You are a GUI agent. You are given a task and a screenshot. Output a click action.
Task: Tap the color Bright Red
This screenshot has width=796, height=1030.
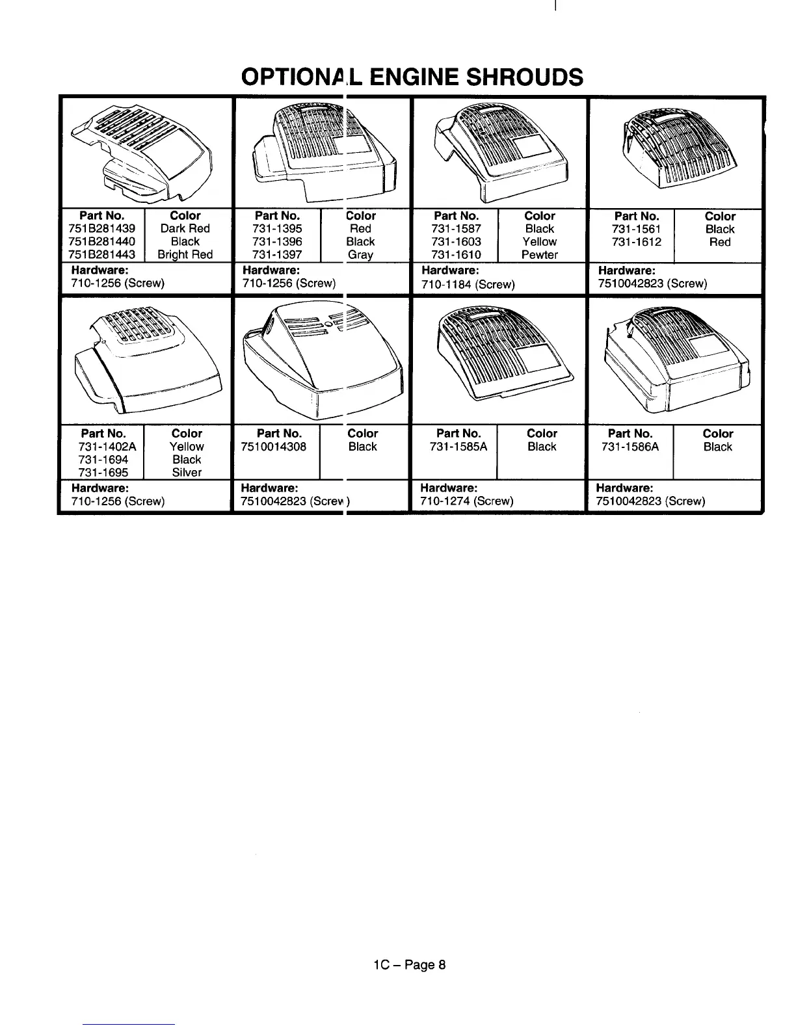(185, 255)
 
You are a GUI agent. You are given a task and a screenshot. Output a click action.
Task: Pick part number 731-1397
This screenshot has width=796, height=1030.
(277, 255)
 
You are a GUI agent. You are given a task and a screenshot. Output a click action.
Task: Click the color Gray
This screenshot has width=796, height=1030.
(360, 255)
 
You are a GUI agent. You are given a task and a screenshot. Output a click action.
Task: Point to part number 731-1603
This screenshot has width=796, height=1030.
(457, 242)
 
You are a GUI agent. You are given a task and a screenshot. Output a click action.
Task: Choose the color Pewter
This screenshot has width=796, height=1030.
(540, 255)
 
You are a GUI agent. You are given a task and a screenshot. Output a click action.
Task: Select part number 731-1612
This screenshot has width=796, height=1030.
(637, 242)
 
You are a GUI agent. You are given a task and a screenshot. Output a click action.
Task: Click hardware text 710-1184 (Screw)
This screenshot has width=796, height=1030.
(468, 284)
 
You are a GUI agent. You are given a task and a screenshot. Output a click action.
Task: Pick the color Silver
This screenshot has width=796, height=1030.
(187, 473)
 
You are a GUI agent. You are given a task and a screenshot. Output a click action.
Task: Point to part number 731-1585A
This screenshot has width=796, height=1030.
(458, 447)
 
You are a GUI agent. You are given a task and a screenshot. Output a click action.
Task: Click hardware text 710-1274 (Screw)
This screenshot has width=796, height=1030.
(467, 501)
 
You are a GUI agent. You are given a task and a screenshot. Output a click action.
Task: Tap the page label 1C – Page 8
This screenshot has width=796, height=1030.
(405, 964)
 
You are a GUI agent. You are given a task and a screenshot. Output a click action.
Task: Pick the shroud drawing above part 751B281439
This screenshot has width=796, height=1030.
(144, 154)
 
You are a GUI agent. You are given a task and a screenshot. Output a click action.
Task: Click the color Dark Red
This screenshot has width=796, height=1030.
(185, 229)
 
